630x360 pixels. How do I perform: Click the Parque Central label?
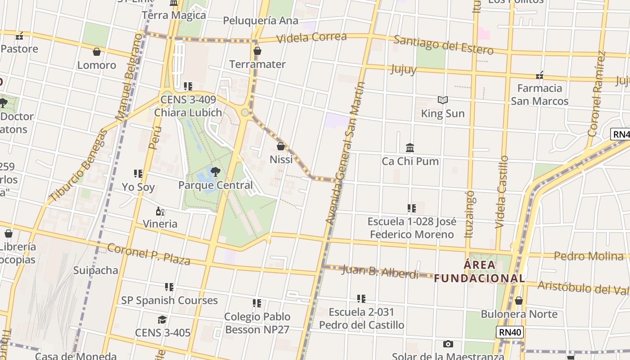[x=216, y=185]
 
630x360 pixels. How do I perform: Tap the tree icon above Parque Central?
[x=216, y=171]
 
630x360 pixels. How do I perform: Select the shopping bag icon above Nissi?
[x=281, y=146]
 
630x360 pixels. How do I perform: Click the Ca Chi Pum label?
[x=410, y=161]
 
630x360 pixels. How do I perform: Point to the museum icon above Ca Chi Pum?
[x=410, y=148]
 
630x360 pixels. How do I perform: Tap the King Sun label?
[x=442, y=113]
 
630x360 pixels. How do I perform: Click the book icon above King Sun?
[x=443, y=100]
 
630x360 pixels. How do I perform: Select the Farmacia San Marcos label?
[x=540, y=94]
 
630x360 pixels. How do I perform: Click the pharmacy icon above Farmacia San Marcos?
[x=540, y=75]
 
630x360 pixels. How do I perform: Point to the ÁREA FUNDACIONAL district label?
[x=479, y=271]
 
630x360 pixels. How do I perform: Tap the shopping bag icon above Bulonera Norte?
[x=519, y=301]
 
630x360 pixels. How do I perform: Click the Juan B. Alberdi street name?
[x=380, y=272]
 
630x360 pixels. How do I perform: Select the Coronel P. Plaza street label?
[x=149, y=254]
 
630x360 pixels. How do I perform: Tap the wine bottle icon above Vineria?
[x=160, y=211]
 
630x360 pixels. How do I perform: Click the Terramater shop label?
[x=257, y=64]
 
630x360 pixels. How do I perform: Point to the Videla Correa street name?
[x=311, y=37]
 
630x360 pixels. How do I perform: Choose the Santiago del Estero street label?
[x=443, y=45]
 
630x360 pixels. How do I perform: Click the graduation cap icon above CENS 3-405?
[x=162, y=319]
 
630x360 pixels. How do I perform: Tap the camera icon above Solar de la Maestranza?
[x=448, y=344]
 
